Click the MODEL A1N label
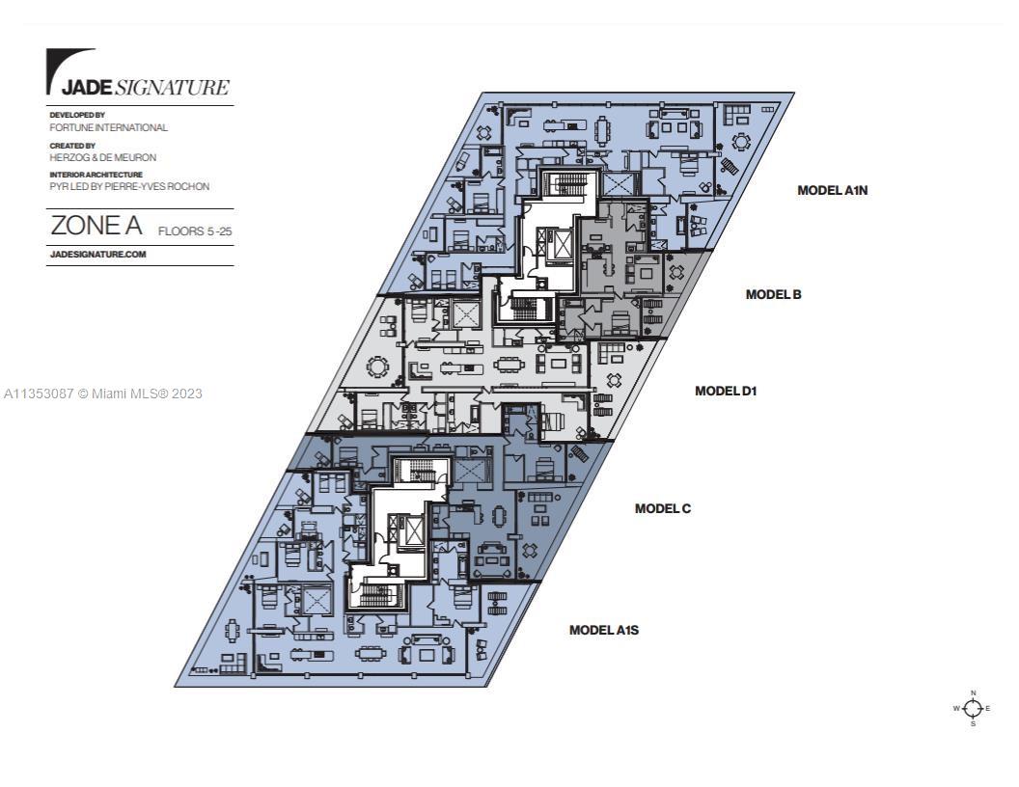click(x=832, y=190)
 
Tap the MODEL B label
click(x=773, y=294)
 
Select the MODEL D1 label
click(x=726, y=391)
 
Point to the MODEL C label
click(x=662, y=508)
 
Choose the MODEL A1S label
click(x=604, y=630)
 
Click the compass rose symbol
click(x=973, y=708)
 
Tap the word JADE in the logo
click(x=88, y=88)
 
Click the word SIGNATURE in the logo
click(x=172, y=88)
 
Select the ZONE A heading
click(x=96, y=226)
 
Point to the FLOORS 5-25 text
click(x=195, y=231)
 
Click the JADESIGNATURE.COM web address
click(x=98, y=254)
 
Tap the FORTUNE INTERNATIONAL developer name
click(x=108, y=128)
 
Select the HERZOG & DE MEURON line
click(x=102, y=158)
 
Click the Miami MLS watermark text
click(x=102, y=393)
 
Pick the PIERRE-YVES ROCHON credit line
click(x=129, y=186)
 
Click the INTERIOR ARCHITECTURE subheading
click(x=96, y=175)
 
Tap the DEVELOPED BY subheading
click(x=77, y=115)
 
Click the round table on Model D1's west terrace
click(x=377, y=367)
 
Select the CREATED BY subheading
click(x=72, y=146)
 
